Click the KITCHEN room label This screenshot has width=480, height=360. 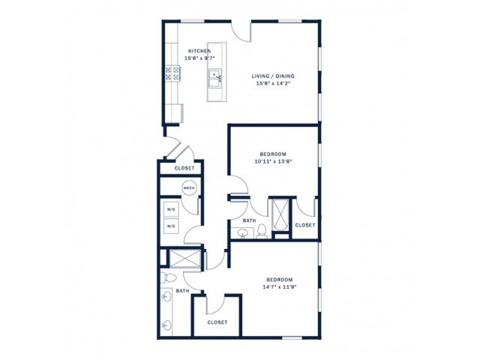pyautogui.click(x=199, y=51)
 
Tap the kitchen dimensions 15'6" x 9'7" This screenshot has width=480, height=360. pyautogui.click(x=199, y=58)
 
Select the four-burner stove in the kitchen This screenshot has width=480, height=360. pyautogui.click(x=172, y=73)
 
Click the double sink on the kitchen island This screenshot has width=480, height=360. pyautogui.click(x=214, y=75)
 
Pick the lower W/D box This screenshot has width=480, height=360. pyautogui.click(x=171, y=226)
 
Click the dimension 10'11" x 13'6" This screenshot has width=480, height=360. pyautogui.click(x=271, y=160)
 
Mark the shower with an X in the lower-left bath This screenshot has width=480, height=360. pyautogui.click(x=184, y=259)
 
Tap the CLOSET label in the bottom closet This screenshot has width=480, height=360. pyautogui.click(x=217, y=322)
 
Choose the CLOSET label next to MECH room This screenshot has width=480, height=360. pyautogui.click(x=184, y=168)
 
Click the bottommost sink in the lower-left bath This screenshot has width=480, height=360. pyautogui.click(x=166, y=325)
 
